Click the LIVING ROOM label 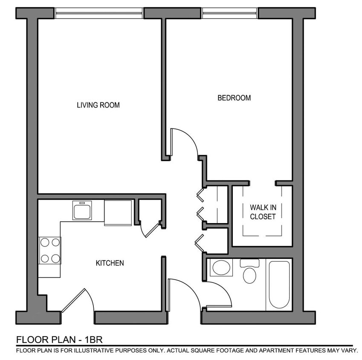98,105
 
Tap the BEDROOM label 234,98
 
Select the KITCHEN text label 110,263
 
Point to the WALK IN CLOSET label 263,212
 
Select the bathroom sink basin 221,268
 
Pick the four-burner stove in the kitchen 49,250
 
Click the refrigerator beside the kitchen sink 118,212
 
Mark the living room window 99,13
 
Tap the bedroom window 230,13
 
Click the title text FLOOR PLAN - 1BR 59,340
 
